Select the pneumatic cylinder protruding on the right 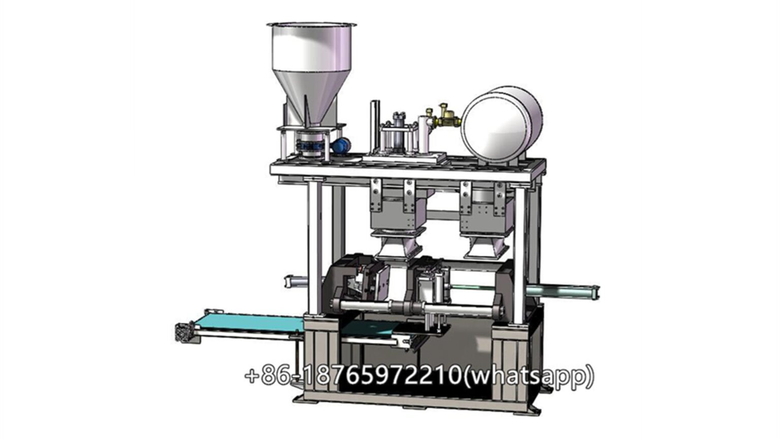tap(564, 290)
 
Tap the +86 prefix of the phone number tap(267, 377)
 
